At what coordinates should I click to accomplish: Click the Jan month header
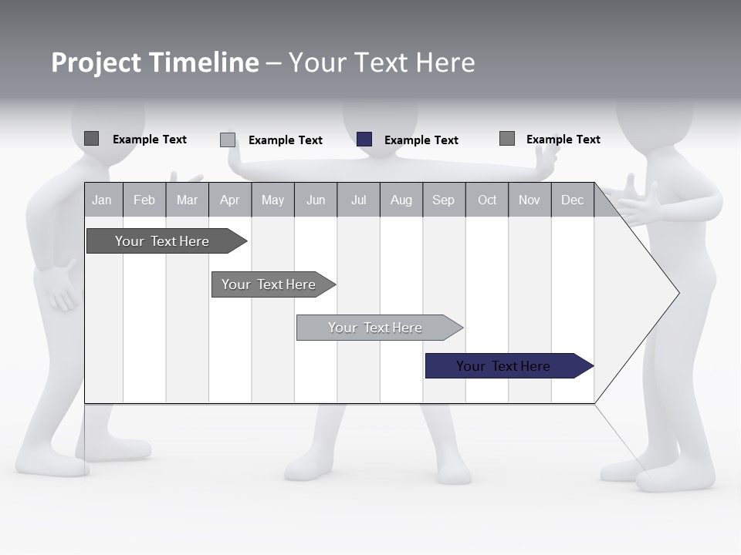[x=103, y=200]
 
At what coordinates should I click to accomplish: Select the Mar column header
[x=187, y=200]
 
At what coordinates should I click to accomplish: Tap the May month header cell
[x=272, y=200]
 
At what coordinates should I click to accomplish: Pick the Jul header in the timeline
[x=358, y=200]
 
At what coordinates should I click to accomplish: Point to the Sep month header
[x=443, y=200]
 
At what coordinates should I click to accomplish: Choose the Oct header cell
[x=487, y=200]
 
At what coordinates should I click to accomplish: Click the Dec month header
[x=572, y=200]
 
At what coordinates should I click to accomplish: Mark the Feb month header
[x=144, y=200]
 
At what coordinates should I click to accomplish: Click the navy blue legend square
[x=364, y=140]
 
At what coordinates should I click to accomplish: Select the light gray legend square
[x=228, y=140]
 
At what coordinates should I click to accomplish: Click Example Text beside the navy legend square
[x=421, y=140]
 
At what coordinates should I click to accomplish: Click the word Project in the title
[x=96, y=62]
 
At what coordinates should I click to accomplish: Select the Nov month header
[x=530, y=200]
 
